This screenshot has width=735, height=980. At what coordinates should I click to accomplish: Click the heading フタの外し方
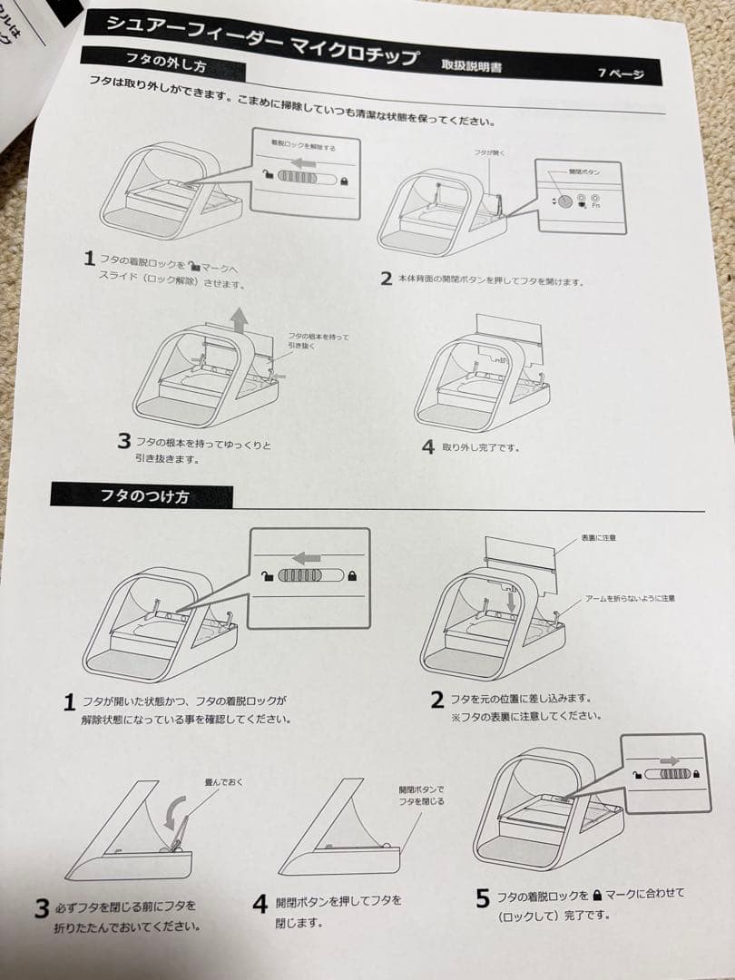click(x=163, y=67)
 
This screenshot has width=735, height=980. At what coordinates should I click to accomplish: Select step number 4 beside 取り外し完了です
click(x=427, y=446)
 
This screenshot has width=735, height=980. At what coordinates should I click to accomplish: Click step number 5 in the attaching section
click(x=483, y=898)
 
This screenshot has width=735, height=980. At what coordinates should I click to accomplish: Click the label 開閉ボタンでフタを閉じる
click(x=422, y=795)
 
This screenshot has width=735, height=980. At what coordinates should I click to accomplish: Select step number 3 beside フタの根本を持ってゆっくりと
click(x=124, y=442)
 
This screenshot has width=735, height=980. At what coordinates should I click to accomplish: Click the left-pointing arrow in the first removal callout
click(x=307, y=162)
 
